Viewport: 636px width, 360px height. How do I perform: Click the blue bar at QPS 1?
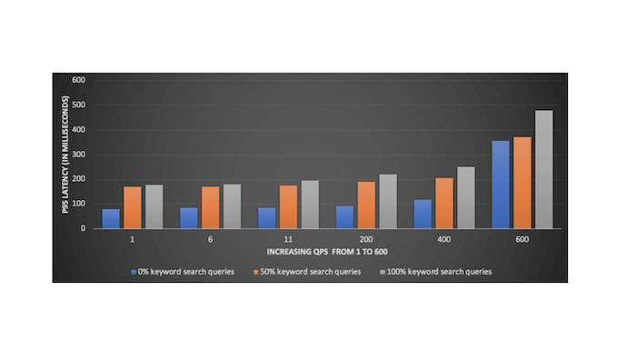tap(111, 218)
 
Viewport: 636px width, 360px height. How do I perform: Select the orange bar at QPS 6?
tap(211, 207)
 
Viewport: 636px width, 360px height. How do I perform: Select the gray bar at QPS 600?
tap(544, 169)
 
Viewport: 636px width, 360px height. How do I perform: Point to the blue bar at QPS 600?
tap(501, 185)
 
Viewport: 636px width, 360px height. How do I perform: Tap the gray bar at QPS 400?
tap(466, 197)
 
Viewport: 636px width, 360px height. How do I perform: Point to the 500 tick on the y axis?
tap(79, 105)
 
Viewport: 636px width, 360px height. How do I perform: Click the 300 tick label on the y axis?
tap(79, 154)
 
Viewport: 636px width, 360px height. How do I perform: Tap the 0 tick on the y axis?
tap(84, 228)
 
